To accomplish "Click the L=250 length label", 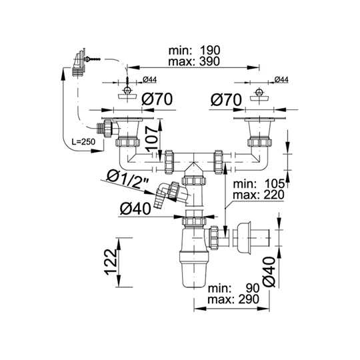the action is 83,141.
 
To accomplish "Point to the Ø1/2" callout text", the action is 129,180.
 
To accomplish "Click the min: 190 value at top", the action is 194,50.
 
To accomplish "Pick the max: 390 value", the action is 194,61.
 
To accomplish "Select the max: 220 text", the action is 259,195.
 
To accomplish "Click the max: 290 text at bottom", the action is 233,299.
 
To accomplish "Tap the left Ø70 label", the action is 157,99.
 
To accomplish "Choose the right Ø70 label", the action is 226,100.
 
